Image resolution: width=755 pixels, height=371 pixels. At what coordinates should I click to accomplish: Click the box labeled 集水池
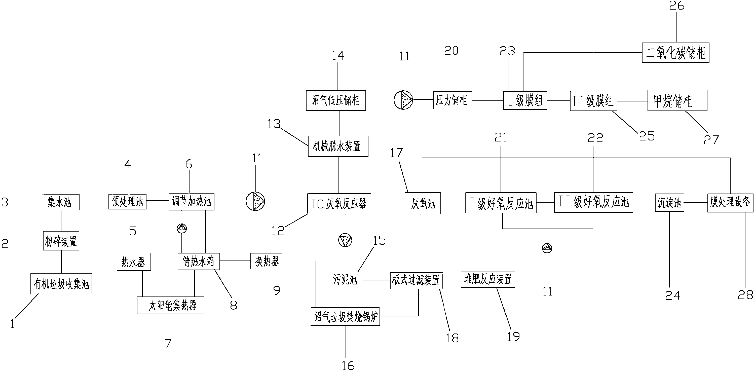pos(61,202)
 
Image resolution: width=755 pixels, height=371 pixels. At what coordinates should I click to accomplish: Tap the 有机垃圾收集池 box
pos(61,284)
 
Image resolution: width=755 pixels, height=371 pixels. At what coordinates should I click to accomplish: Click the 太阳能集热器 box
pos(171,306)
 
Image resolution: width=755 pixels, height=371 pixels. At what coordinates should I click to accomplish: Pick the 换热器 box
pos(266,261)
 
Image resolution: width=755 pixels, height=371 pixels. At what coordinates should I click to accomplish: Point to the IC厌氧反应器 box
pos(339,204)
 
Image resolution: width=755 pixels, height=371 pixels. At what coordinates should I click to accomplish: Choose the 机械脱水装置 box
pos(338,146)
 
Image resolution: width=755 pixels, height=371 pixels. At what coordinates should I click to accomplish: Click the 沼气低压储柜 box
pos(336,100)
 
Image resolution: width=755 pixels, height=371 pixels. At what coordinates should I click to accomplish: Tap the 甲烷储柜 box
pos(677,100)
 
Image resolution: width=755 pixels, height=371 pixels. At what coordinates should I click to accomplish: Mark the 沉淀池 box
pos(669,203)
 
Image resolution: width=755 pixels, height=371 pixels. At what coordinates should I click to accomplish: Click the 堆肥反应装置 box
pos(488,279)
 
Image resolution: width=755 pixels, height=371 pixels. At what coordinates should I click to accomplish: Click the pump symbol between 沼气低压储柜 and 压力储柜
pos(403,100)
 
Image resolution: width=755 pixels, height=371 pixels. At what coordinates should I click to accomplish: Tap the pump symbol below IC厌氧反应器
pos(345,240)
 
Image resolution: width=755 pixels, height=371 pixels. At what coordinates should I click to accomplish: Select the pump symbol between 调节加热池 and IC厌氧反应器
pos(255,201)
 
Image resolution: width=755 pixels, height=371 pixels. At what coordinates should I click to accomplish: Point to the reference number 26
pos(676,6)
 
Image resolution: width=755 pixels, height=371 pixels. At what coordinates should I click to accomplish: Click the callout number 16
pos(348,365)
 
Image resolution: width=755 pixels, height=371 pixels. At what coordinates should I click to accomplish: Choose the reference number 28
pos(745,295)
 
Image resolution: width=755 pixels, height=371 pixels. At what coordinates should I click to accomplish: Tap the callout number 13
pos(274,124)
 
